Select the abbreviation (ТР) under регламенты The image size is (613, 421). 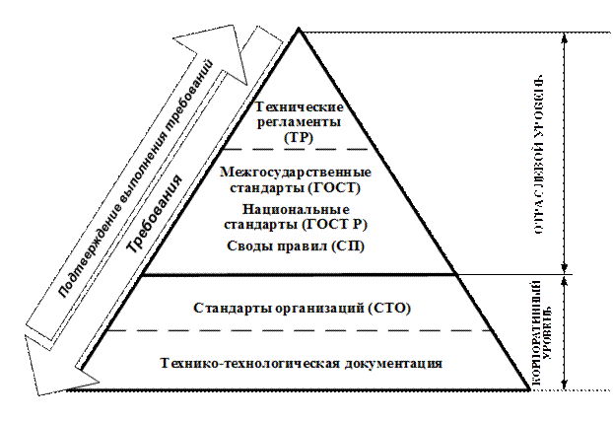pyautogui.click(x=297, y=138)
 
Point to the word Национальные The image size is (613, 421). pyautogui.click(x=295, y=209)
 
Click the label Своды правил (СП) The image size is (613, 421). pyautogui.click(x=295, y=246)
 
